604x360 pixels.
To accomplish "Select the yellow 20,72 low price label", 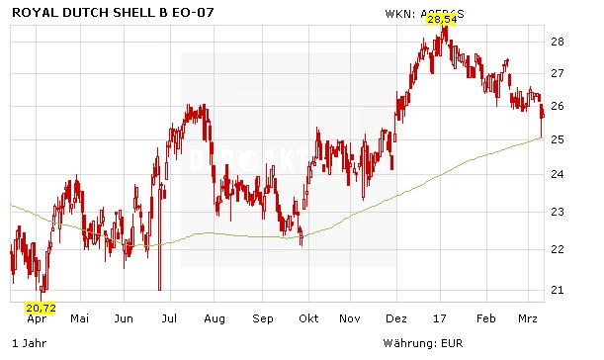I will click(41, 308).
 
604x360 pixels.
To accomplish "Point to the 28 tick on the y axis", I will click(557, 42).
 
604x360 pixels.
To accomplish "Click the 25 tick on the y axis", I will click(557, 140).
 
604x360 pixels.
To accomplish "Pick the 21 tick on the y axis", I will click(557, 290).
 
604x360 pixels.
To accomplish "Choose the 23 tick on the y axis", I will click(557, 212).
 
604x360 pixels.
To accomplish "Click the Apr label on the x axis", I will click(38, 319).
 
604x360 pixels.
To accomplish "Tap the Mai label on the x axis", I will click(80, 319).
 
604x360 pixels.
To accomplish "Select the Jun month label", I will click(124, 319).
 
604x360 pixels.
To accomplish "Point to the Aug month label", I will click(215, 319).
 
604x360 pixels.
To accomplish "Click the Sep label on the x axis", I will click(262, 319).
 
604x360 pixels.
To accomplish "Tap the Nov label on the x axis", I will click(350, 319).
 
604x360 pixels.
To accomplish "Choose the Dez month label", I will click(396, 319).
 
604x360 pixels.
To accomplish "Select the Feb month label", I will click(484, 319).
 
